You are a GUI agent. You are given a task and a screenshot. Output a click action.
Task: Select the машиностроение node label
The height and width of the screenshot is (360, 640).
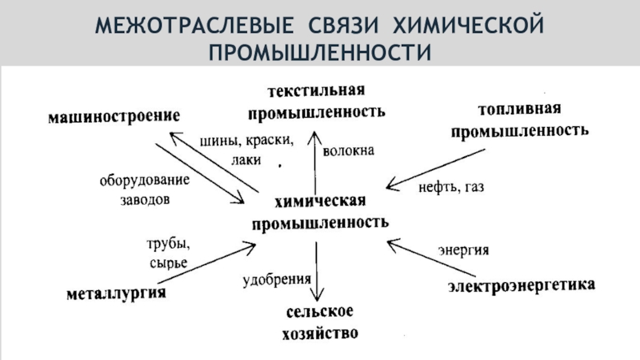pyautogui.click(x=111, y=117)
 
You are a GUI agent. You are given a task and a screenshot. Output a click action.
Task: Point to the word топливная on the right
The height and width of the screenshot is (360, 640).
pyautogui.click(x=519, y=108)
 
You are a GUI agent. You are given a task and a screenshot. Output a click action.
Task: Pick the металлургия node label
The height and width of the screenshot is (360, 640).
pyautogui.click(x=115, y=294)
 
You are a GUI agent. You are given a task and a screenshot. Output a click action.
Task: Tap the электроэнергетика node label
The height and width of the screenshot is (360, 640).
pyautogui.click(x=520, y=285)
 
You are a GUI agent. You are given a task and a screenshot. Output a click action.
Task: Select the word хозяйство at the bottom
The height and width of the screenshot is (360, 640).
pyautogui.click(x=319, y=332)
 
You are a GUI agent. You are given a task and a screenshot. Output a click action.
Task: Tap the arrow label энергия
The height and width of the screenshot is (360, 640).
pyautogui.click(x=462, y=249)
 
